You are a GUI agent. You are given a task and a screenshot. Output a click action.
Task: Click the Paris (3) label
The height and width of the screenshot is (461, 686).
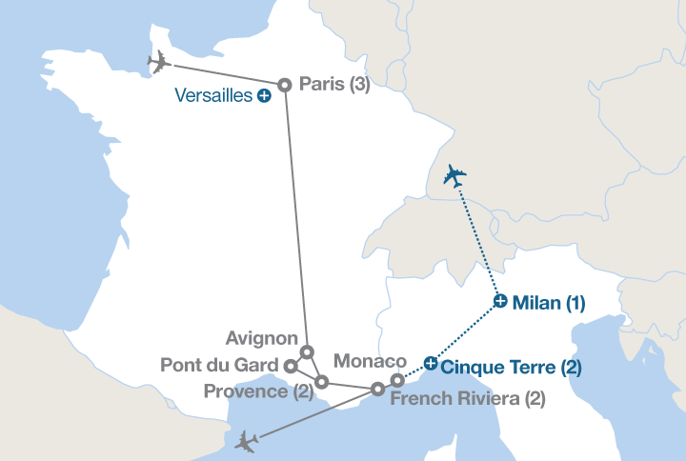pos(333,85)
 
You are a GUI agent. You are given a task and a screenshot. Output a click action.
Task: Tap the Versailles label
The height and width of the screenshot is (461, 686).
pos(215,95)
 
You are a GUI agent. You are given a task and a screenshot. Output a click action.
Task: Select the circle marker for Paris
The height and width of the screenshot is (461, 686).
pos(284,86)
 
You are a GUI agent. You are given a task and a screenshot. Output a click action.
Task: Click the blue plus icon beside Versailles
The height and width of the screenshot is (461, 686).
pos(264,95)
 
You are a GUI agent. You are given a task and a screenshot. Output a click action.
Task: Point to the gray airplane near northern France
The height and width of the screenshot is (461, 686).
pos(159,63)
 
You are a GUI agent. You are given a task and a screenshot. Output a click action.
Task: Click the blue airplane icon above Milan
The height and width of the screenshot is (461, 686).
pos(454,176)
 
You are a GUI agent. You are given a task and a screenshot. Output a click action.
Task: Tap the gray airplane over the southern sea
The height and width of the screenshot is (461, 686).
pos(247,441)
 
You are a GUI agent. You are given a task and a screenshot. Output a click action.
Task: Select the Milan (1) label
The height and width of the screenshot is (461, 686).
pos(548,304)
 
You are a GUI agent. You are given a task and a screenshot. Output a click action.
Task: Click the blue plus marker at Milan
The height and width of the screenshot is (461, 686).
pos(501,302)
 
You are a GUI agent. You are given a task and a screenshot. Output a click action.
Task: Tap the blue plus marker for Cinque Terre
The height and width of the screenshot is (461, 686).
pos(431,362)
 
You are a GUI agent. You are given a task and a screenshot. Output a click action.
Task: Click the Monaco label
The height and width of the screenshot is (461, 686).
pos(371,362)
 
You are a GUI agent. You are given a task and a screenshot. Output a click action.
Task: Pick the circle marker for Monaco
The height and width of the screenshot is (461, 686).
pos(397,381)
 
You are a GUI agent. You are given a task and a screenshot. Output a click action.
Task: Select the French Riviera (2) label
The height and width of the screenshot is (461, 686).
pos(468,399)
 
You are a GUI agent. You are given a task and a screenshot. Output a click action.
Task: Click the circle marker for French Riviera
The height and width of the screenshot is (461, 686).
pos(377,389)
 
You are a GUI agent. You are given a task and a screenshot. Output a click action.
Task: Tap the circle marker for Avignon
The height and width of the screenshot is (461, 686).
pos(307,351)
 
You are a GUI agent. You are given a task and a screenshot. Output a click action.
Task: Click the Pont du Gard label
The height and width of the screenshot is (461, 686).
pos(221,365)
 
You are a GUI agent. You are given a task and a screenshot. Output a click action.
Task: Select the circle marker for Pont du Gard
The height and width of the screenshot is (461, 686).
pos(292,365)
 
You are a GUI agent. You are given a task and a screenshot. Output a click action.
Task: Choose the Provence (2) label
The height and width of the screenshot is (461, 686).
pos(258,391)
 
